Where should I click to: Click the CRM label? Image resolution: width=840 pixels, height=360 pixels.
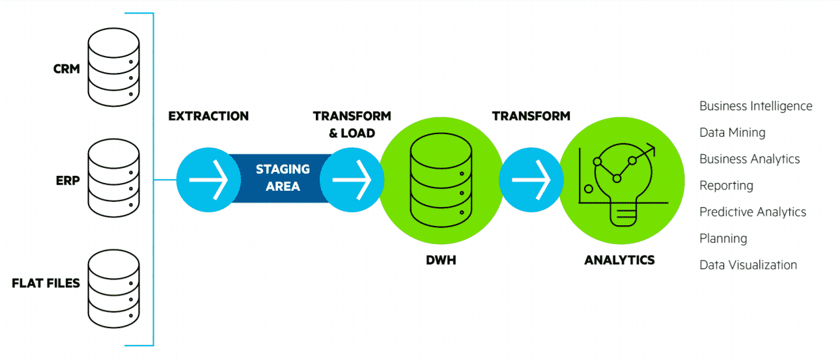coord(66,68)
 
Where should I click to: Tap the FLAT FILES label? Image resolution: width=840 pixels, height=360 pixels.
coord(46,283)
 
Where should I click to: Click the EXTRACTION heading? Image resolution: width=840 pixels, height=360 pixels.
coord(208,117)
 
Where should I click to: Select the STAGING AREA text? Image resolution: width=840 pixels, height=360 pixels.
coord(283,178)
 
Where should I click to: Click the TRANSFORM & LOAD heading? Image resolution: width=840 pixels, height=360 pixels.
coord(352,124)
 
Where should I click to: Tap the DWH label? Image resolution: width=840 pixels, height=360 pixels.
coord(440,260)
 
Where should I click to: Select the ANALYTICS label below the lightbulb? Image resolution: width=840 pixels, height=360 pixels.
coord(619,260)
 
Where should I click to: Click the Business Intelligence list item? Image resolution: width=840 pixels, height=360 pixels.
coord(755,106)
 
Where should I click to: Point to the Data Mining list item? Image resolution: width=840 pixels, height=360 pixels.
coord(732,133)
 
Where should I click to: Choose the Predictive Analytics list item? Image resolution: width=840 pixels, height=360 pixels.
coord(752,212)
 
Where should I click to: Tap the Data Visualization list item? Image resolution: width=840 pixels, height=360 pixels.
coord(748,265)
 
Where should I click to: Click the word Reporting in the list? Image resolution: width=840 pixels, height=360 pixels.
coord(726,186)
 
